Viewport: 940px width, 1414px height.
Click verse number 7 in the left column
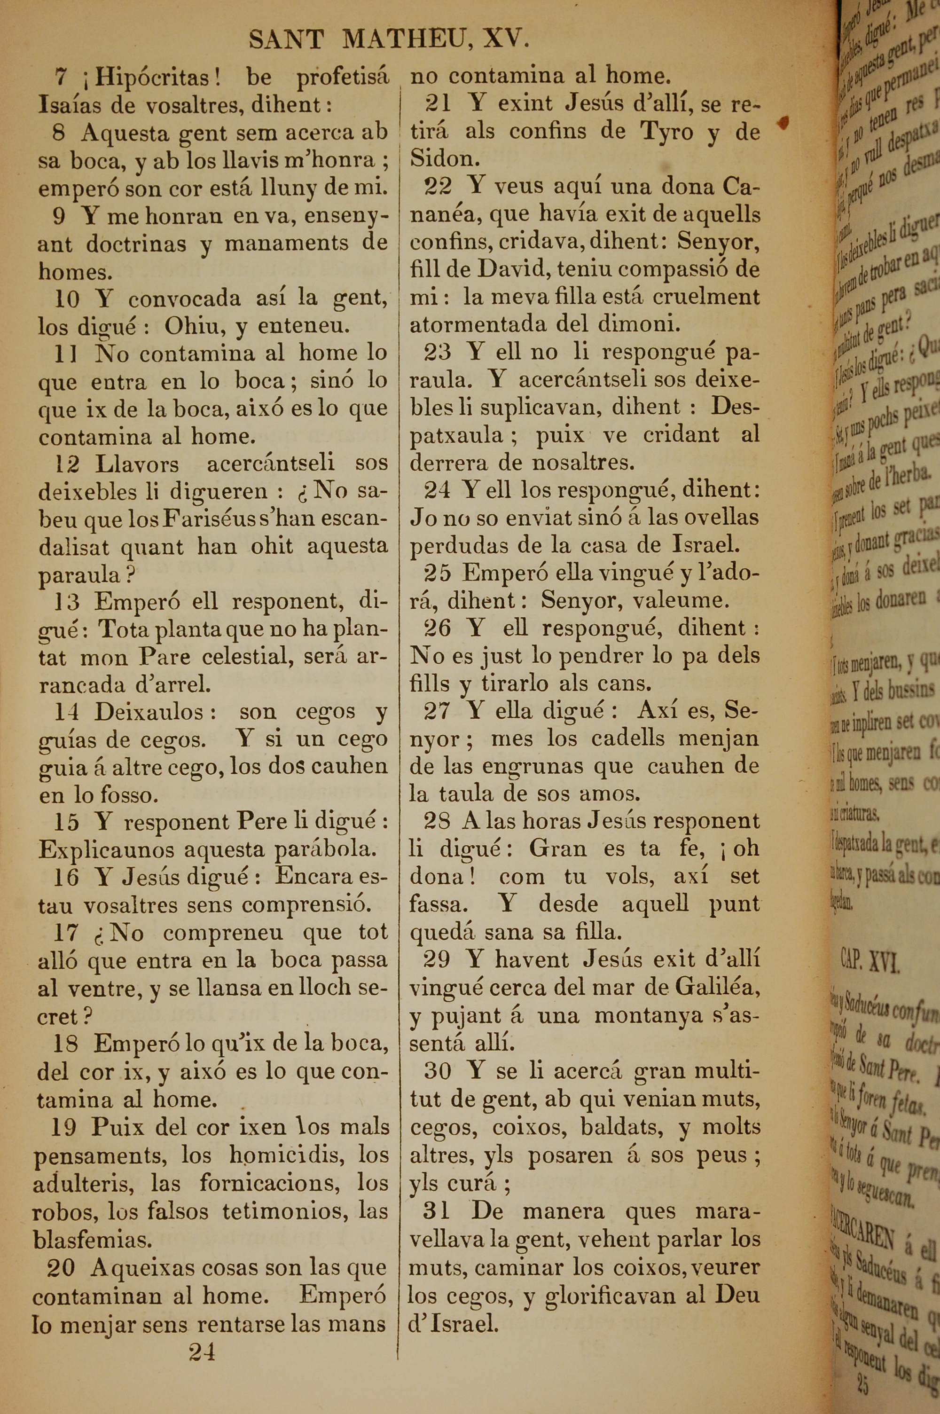pyautogui.click(x=60, y=77)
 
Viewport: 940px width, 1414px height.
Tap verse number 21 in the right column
pyautogui.click(x=438, y=104)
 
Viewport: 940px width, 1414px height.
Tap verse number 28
pyautogui.click(x=437, y=821)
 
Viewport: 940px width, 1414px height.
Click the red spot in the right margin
pyautogui.click(x=783, y=122)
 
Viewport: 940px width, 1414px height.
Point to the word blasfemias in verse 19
pyautogui.click(x=92, y=1240)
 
